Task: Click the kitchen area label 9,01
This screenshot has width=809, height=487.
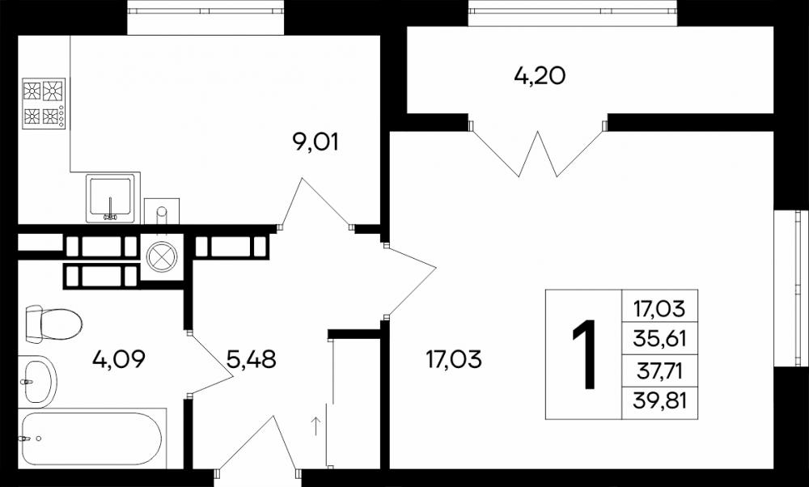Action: coord(316,142)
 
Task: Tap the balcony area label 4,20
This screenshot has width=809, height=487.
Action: coord(540,76)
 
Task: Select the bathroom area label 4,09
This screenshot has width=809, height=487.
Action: coord(119,358)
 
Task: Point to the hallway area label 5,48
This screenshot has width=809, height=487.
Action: coord(252,358)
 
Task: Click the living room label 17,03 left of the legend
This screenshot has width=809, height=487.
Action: coord(454,358)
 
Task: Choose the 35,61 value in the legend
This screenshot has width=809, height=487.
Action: coord(660,338)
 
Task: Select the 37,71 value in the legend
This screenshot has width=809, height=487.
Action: coord(660,370)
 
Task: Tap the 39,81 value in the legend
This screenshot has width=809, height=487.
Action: coord(660,400)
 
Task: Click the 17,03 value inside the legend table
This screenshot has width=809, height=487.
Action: coord(660,309)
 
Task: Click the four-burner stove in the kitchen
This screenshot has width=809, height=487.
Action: coord(44,104)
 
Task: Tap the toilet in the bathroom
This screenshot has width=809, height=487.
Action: coord(53,324)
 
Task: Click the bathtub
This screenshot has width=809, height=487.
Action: coord(92,438)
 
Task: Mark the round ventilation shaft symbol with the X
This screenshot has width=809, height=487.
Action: coord(162,257)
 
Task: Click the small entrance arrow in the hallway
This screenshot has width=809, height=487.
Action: coord(316,426)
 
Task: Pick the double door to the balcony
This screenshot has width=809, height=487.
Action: coord(538,149)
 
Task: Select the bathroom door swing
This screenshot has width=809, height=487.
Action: coord(210,363)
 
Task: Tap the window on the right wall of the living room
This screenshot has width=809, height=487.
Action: coord(791,288)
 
